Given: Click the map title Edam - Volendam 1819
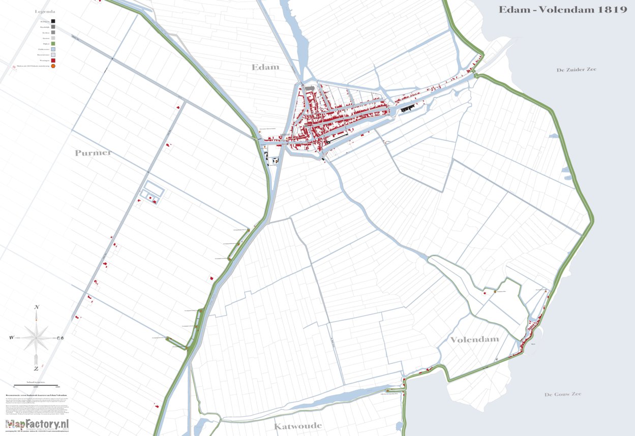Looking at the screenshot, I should coord(562,10).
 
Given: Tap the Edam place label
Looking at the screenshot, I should coord(265,67).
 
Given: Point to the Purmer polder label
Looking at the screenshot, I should coord(93,153).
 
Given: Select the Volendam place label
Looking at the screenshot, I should coord(474,339).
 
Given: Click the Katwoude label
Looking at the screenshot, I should coord(298,426).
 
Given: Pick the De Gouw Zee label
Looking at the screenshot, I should coord(562,394).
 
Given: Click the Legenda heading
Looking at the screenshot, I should coord(45,11).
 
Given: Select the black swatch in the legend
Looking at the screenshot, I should coord(53,21).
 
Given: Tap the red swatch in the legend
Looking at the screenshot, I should coord(53,60).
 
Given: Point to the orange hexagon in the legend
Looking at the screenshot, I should coord(53,66).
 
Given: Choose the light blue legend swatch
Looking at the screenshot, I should coord(53,49).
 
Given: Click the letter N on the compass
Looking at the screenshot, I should coord(37,307).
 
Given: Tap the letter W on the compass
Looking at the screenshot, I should coord(11,337).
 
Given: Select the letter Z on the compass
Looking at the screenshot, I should coord(36,368).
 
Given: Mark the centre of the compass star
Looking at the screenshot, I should coord(37,337).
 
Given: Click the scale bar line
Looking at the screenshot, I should coord(36,384).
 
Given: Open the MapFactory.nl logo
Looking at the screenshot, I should coord(37,424).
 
